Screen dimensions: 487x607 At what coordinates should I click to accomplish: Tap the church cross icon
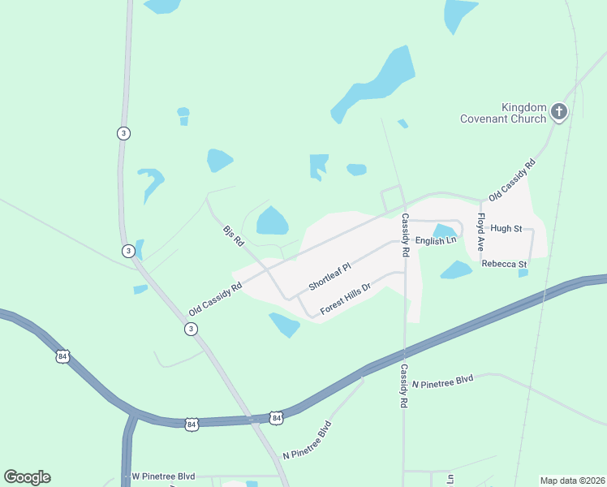[558, 111]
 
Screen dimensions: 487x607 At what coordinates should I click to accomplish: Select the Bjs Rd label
[233, 236]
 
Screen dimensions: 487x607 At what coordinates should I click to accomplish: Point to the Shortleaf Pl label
[329, 278]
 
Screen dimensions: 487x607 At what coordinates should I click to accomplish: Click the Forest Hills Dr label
[345, 298]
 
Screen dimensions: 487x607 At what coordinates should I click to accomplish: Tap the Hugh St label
[506, 229]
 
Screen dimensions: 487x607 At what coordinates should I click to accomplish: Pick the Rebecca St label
[504, 265]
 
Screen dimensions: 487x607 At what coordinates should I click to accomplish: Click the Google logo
[27, 477]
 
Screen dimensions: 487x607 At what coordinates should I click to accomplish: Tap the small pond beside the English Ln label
[445, 231]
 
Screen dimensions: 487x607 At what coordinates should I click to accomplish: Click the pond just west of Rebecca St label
[456, 269]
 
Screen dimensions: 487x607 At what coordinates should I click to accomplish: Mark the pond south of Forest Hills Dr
[285, 325]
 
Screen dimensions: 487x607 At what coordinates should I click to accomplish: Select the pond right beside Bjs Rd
[272, 221]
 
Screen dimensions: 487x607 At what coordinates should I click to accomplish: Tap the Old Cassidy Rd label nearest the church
[513, 180]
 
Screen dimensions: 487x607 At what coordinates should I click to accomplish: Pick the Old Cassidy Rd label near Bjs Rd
[215, 299]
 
